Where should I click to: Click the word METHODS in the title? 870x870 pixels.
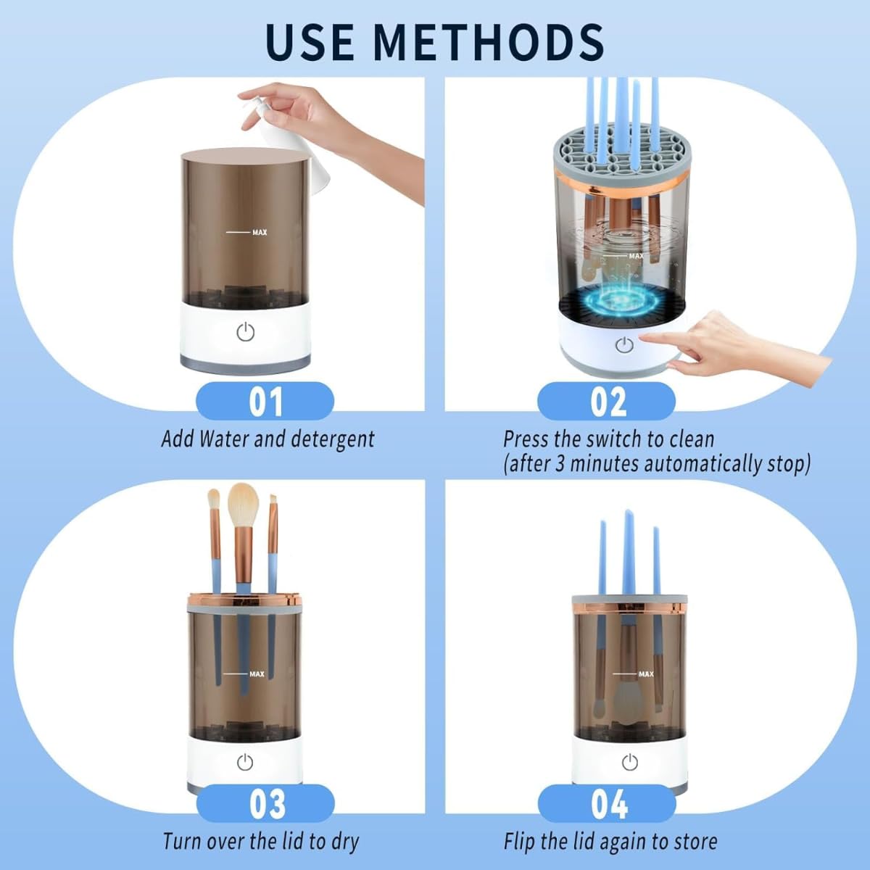491,41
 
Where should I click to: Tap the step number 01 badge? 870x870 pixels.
265,402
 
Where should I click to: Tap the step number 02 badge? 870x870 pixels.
607,402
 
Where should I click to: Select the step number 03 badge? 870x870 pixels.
265,804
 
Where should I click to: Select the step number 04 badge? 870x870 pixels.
607,804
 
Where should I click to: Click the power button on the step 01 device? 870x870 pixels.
246,333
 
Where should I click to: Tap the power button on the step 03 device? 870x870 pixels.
245,762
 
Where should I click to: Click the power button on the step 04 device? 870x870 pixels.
629,762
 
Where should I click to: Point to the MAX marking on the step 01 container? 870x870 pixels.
259,232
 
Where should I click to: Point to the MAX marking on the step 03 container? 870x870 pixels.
257,674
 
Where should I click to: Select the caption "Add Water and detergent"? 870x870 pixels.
268,439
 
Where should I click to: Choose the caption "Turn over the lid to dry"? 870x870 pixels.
261,842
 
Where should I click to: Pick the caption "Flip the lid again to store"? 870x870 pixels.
610,842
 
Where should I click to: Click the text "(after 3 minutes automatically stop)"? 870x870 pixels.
657,464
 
